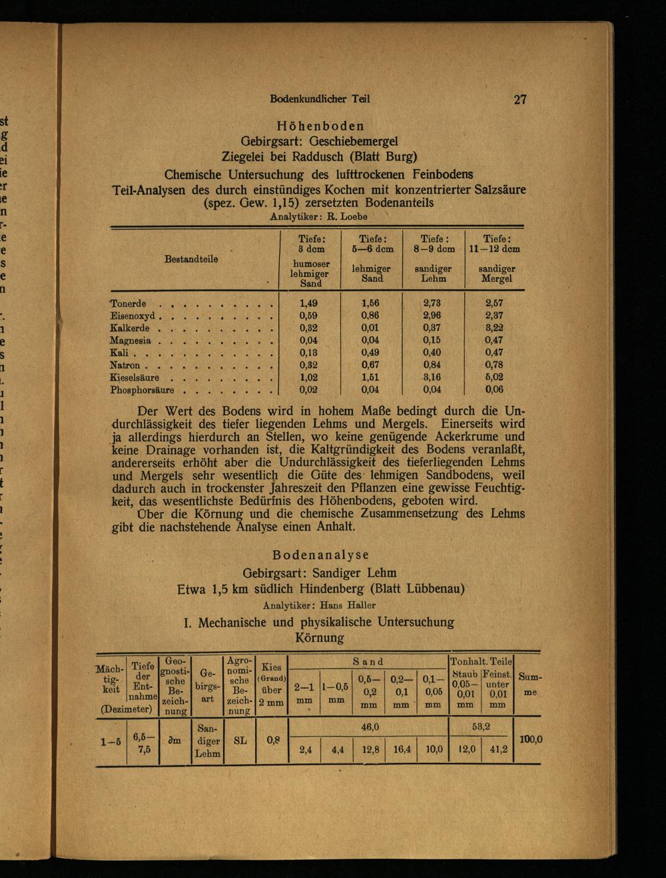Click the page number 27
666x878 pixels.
(x=520, y=99)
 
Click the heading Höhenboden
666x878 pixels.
(x=320, y=126)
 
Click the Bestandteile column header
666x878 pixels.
(x=191, y=259)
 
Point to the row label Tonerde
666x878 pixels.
(x=128, y=304)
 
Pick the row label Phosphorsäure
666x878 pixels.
(x=142, y=390)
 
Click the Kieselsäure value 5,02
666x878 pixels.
(x=494, y=377)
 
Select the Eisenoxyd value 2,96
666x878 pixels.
(x=432, y=316)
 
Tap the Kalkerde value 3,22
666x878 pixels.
(x=494, y=328)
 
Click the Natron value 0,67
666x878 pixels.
(x=370, y=365)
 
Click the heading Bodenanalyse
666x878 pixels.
(x=320, y=555)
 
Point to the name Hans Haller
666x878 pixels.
(x=348, y=606)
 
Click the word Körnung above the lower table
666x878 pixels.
(x=319, y=638)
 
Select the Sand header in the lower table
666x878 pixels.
(x=368, y=662)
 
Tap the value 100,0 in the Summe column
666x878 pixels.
(x=531, y=739)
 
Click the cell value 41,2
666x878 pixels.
(x=498, y=750)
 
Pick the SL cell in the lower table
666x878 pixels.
(x=240, y=740)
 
